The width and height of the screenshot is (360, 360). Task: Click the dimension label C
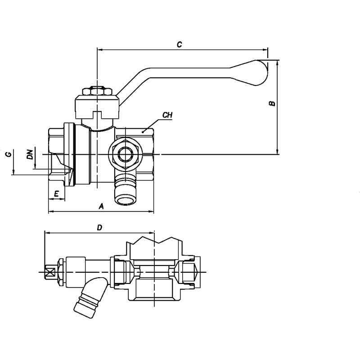click(x=179, y=44)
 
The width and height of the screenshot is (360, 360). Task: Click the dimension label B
click(x=272, y=103)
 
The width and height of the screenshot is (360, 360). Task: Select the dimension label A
click(x=101, y=206)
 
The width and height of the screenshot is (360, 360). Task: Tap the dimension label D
click(x=99, y=228)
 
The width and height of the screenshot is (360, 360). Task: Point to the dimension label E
click(x=56, y=194)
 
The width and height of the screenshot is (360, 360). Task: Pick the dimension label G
click(x=8, y=154)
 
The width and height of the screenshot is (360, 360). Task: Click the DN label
click(x=30, y=154)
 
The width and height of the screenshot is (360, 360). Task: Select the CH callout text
click(x=167, y=115)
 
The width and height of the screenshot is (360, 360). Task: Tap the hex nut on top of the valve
click(x=97, y=91)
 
